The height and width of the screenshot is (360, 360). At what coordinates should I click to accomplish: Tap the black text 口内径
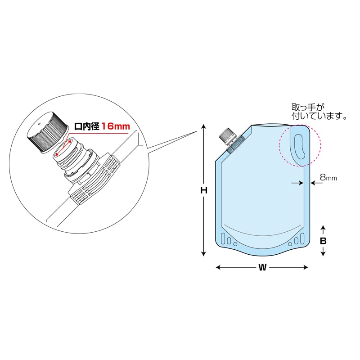[x=86, y=126]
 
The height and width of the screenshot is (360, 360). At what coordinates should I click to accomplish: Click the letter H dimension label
[x=204, y=190]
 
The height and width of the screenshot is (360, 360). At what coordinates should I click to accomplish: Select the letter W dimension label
[x=262, y=267]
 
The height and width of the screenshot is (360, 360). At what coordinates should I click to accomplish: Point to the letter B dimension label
[x=323, y=241]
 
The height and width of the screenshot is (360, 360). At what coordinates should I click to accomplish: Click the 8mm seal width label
[x=328, y=177]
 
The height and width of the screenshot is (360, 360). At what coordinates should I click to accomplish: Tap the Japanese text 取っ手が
[x=308, y=107]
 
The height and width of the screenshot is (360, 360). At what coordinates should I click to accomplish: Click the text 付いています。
[x=319, y=116]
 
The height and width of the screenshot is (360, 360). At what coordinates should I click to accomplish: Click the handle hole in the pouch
[x=299, y=147]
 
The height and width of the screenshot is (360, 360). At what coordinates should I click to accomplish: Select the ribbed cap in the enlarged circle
[x=48, y=131]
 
